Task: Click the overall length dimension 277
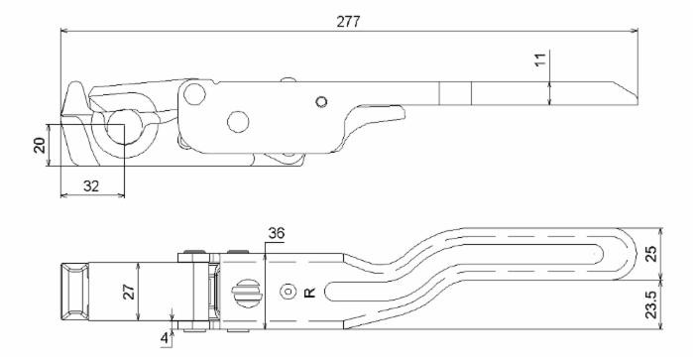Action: [347, 22]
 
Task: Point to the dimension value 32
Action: [91, 184]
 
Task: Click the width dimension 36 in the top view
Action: [278, 233]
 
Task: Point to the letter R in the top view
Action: [310, 293]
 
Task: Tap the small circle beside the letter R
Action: [288, 293]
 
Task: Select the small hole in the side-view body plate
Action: [319, 100]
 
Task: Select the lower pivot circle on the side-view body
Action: [238, 121]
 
